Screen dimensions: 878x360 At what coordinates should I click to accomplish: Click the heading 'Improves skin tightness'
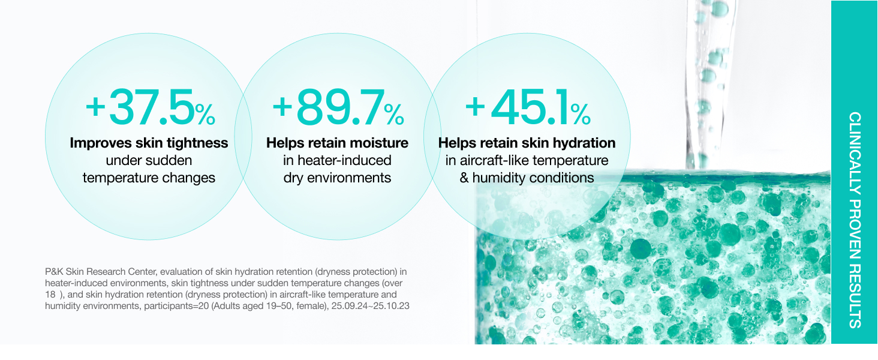tap(149, 143)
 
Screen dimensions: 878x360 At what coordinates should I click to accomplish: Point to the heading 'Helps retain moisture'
tap(337, 143)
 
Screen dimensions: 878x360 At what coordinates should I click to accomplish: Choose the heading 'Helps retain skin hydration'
tap(527, 143)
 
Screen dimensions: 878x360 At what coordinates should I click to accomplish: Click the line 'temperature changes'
tap(149, 178)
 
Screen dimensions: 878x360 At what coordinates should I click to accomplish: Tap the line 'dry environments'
tap(337, 178)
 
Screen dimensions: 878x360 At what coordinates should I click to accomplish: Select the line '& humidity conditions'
tap(527, 178)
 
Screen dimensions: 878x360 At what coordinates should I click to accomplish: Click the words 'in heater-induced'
tap(337, 160)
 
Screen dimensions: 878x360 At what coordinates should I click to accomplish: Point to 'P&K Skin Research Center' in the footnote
tap(101, 272)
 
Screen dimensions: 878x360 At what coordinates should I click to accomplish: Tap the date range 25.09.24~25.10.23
tap(371, 306)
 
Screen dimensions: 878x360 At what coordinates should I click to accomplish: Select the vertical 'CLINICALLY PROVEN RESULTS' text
tap(855, 220)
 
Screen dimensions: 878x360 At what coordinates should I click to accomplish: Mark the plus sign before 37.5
tap(95, 107)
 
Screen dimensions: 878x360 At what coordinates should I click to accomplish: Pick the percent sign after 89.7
tap(394, 114)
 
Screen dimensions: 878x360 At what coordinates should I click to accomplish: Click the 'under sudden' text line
tap(149, 160)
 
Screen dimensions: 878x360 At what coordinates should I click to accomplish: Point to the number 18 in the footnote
tap(50, 295)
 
